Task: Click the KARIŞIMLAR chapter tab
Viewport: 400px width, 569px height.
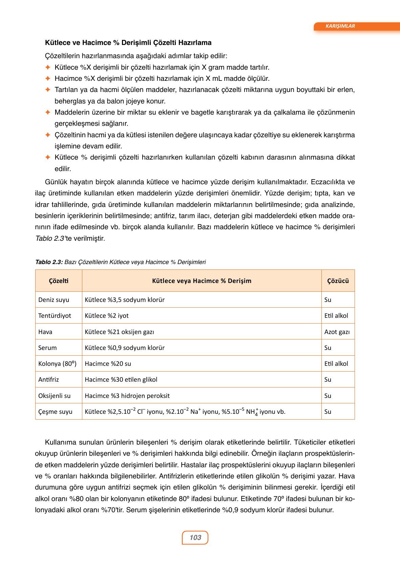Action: tap(340, 26)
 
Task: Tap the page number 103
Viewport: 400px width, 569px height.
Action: tap(195, 537)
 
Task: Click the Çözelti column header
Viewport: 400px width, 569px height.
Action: tap(59, 281)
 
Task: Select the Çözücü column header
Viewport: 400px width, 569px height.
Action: tap(338, 281)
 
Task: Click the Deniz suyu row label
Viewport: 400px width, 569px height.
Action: tap(54, 300)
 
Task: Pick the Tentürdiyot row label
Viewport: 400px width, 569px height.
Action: tap(55, 315)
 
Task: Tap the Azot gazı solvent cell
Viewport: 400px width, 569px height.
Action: tap(337, 332)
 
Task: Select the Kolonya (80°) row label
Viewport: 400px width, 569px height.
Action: tap(57, 364)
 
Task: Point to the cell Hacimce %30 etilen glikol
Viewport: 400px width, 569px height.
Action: tap(121, 379)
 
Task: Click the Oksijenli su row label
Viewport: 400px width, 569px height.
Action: tap(54, 396)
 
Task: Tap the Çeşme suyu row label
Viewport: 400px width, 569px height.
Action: tap(55, 411)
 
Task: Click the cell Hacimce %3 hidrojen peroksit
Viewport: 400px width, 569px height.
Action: tap(127, 396)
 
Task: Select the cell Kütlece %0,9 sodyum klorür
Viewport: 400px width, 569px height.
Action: tap(124, 348)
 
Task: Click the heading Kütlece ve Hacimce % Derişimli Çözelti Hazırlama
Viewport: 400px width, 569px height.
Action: tap(128, 43)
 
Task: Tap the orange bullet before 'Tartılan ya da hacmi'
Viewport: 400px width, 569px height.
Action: tap(48, 90)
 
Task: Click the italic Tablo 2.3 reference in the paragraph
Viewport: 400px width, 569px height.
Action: tap(49, 238)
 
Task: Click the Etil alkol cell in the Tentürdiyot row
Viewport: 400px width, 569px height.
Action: tap(336, 315)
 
